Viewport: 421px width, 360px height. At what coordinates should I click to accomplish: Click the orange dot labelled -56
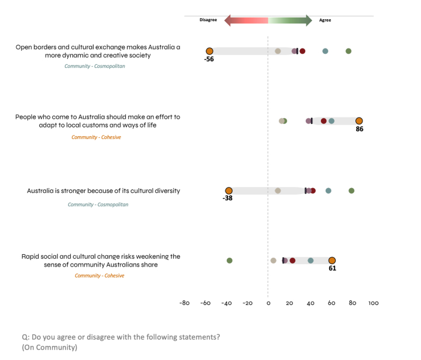(x=209, y=51)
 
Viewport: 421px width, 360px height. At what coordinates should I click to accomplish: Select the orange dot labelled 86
(x=359, y=121)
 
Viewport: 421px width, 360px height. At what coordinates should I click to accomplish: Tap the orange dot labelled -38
(x=229, y=191)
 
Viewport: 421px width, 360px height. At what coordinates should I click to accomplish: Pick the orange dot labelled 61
(x=332, y=261)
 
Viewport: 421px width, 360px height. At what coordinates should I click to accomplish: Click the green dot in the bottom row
(x=229, y=261)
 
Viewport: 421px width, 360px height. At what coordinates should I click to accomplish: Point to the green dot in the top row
(x=348, y=51)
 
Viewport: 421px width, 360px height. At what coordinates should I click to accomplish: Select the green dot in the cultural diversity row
(x=351, y=191)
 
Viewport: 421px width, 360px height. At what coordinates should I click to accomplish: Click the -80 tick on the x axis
(x=184, y=303)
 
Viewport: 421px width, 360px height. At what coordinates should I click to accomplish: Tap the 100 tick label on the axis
(x=373, y=303)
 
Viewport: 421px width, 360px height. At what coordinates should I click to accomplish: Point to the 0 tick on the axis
(x=268, y=303)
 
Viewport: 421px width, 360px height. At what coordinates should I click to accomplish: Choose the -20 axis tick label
(x=247, y=303)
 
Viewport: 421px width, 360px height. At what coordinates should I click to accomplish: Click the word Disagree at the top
(x=208, y=20)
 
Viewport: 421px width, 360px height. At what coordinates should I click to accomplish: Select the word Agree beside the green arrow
(x=325, y=20)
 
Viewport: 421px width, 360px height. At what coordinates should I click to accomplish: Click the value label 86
(x=360, y=129)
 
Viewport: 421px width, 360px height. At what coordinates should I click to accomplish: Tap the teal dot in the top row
(x=325, y=51)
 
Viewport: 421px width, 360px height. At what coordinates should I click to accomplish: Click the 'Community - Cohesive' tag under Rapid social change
(x=99, y=275)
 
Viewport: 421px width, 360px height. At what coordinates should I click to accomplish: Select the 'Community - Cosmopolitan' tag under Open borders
(x=95, y=66)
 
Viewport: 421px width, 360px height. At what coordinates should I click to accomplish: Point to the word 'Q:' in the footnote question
(x=26, y=337)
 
